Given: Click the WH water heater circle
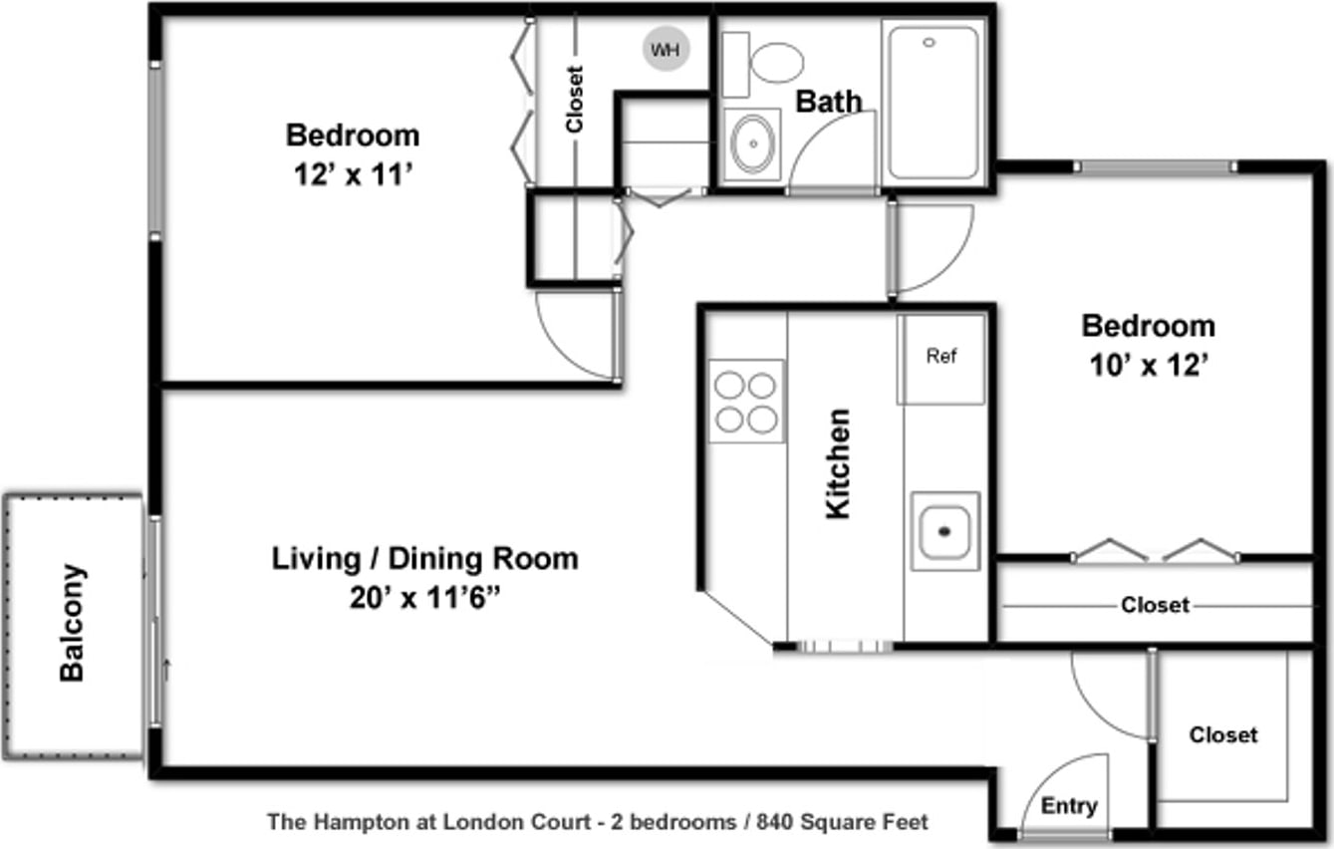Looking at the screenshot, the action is click(x=666, y=49).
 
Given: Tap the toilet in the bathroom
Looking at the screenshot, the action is click(x=763, y=63).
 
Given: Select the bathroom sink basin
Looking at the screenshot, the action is click(x=753, y=143).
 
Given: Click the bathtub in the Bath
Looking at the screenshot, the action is click(x=933, y=103).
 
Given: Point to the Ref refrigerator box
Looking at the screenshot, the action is click(x=940, y=360).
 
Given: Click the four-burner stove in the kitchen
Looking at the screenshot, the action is click(x=745, y=402).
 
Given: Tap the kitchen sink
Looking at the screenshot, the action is click(x=945, y=531).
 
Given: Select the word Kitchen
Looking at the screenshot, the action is click(x=838, y=464).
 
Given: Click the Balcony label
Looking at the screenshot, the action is click(x=72, y=623).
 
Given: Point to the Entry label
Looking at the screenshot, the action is click(x=1069, y=805).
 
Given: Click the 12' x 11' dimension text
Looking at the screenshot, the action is click(x=353, y=175).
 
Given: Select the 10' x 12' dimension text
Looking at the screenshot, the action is click(x=1148, y=366).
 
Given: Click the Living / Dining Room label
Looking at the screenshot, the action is click(x=424, y=559).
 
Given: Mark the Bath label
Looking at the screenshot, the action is click(x=828, y=102).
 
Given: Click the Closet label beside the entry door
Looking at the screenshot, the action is click(x=1223, y=734).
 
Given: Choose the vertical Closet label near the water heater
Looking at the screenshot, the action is click(x=575, y=99).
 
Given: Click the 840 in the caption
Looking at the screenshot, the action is click(x=775, y=822).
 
